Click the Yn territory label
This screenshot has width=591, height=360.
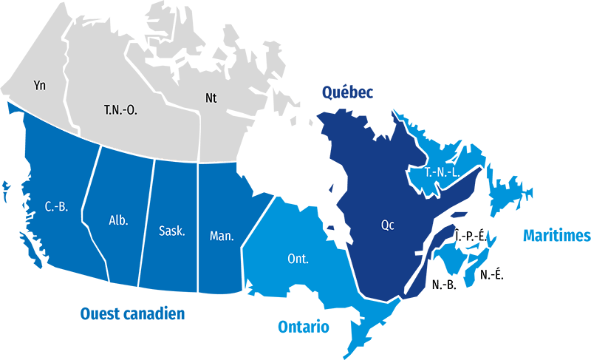[x=40, y=86]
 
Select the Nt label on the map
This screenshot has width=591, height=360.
[x=211, y=97]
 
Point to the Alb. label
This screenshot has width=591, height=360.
[x=118, y=220]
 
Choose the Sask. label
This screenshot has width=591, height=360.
[x=172, y=231]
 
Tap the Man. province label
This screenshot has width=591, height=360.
[x=222, y=237]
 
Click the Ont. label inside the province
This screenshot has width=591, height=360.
[x=298, y=259]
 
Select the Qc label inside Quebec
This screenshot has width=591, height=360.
[x=388, y=225]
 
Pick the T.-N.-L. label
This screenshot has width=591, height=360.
[x=443, y=172]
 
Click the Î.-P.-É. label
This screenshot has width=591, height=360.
[x=470, y=236]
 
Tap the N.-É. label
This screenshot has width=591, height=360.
[x=492, y=275]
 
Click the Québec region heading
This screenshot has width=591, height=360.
[x=346, y=92]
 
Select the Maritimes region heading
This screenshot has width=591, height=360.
[x=556, y=236]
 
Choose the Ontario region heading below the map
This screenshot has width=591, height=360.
[x=304, y=327]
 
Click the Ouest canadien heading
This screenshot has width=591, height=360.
[x=132, y=313]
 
